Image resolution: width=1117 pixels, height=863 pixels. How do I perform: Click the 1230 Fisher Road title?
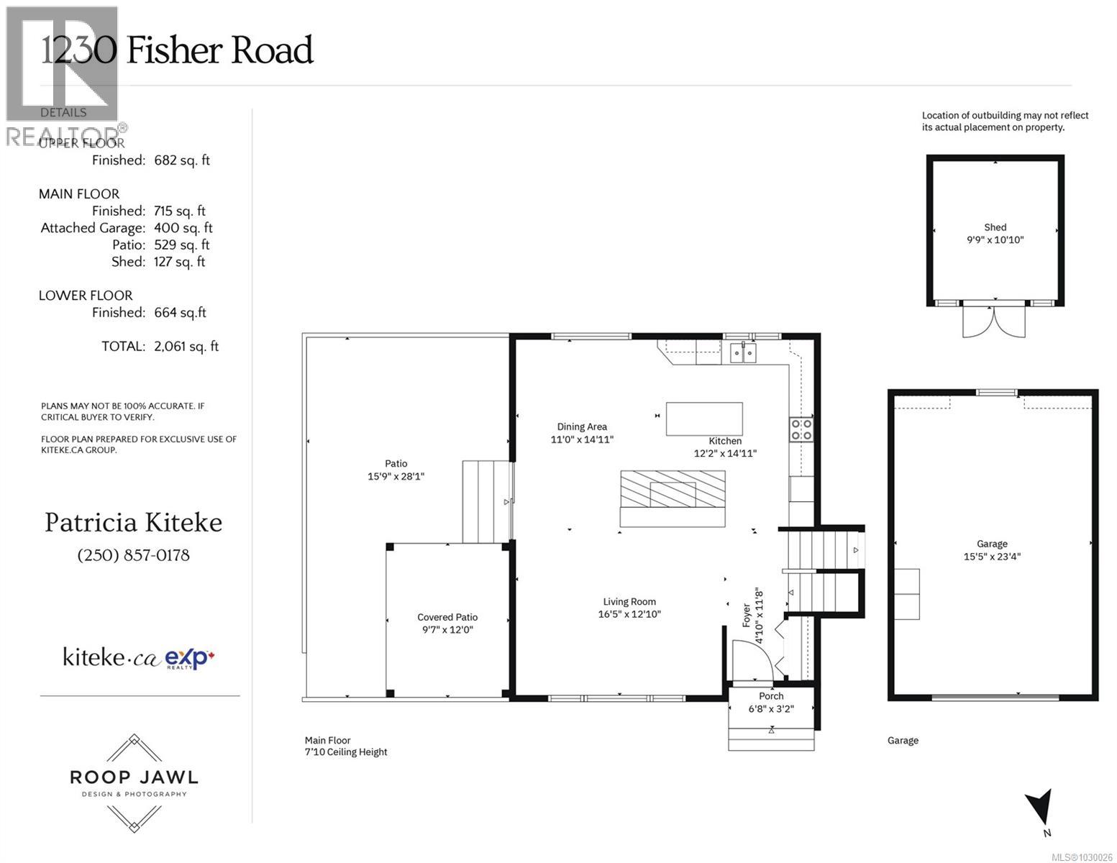point(177,50)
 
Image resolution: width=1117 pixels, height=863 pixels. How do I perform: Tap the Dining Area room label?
point(582,426)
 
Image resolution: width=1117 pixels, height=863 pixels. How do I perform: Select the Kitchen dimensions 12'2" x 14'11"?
point(725,454)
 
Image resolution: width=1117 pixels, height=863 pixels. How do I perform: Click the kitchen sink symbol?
point(743,352)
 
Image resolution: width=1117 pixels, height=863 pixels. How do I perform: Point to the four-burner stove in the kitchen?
point(801,429)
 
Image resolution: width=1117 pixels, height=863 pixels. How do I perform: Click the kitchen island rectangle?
point(703,419)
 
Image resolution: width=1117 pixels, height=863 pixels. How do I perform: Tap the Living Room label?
point(629,602)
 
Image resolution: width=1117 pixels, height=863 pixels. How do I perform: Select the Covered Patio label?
point(447,617)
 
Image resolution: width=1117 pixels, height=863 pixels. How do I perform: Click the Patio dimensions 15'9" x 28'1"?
point(396,476)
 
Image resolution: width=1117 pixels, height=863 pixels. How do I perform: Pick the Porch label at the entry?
point(771,696)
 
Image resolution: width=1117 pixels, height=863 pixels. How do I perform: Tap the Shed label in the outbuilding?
point(995,227)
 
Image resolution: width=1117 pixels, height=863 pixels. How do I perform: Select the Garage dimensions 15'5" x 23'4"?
point(992,556)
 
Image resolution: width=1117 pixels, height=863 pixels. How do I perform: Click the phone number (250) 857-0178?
point(133,555)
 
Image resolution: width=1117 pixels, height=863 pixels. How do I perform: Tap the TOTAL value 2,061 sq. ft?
point(186,347)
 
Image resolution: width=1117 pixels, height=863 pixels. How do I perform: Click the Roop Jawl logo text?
point(134,777)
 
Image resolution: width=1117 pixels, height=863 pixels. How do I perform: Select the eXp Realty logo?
point(190,658)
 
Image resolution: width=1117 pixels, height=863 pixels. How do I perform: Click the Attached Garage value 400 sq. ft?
point(183,228)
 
